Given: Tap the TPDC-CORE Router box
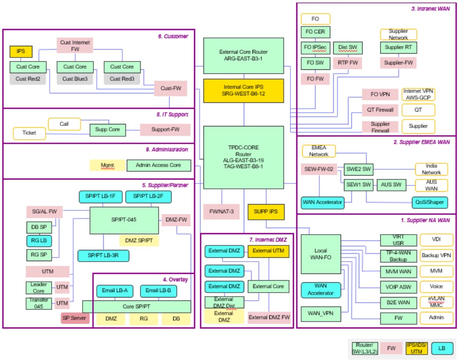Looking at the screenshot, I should (x=244, y=157).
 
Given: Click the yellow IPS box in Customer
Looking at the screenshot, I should (x=21, y=51).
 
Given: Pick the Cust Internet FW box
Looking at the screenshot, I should (x=75, y=46).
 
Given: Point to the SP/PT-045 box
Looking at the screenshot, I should (x=124, y=220).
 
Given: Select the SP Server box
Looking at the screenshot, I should (x=75, y=318).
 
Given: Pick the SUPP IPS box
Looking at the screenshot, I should (x=266, y=211).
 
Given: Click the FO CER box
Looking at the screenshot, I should (x=316, y=32).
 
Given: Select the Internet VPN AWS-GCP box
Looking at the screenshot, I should (x=418, y=94).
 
